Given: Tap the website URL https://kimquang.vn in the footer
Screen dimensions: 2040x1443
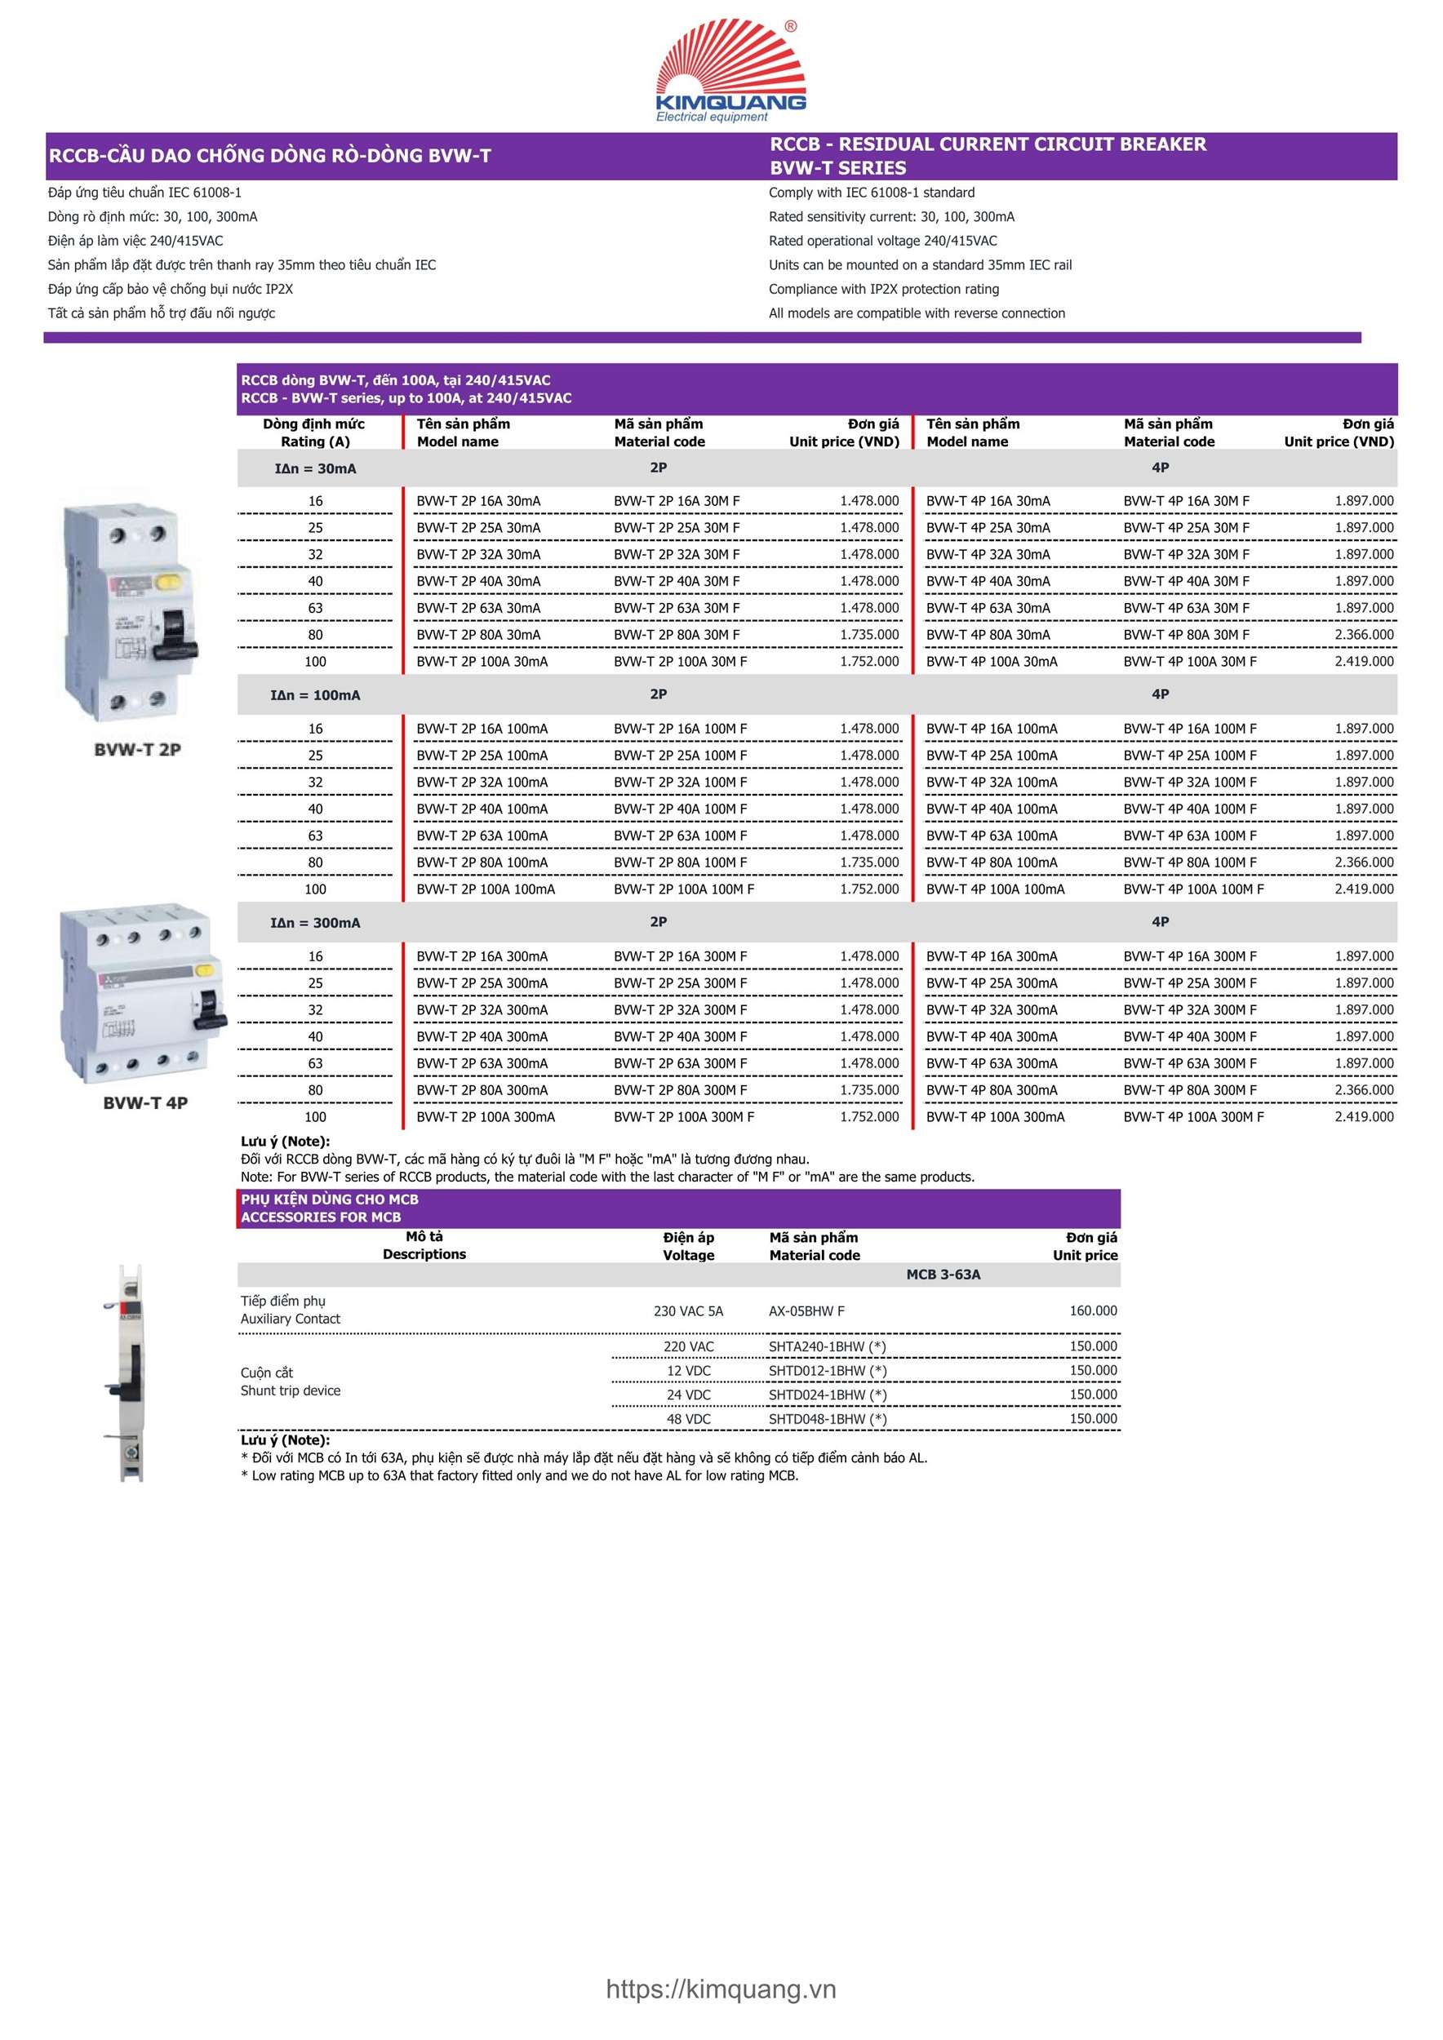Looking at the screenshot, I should tap(721, 1989).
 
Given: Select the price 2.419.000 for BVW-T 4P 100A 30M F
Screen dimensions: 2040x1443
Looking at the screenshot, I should tap(1363, 661).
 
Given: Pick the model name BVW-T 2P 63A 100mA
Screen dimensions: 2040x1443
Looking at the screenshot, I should tap(482, 836).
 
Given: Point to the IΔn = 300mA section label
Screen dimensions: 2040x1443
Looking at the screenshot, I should tap(315, 923).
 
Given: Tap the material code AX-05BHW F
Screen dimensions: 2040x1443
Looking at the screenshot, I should tap(806, 1310).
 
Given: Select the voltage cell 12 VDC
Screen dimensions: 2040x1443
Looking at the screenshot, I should tap(688, 1370).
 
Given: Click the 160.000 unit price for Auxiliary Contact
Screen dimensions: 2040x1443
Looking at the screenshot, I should tap(1093, 1310).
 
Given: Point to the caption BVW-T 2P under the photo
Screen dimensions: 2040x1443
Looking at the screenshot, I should tap(138, 749).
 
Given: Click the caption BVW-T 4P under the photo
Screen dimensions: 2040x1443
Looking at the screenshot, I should tap(144, 1102).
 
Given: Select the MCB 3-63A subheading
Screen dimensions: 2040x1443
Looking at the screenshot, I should tap(943, 1274).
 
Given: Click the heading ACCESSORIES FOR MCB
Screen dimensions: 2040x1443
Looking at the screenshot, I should tap(321, 1217).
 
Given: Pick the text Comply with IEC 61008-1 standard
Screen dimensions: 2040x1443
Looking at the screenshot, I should tap(871, 192).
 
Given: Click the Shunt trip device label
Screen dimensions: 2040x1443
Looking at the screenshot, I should tap(290, 1390).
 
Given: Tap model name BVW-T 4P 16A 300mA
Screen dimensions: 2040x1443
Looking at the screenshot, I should tap(992, 956).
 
